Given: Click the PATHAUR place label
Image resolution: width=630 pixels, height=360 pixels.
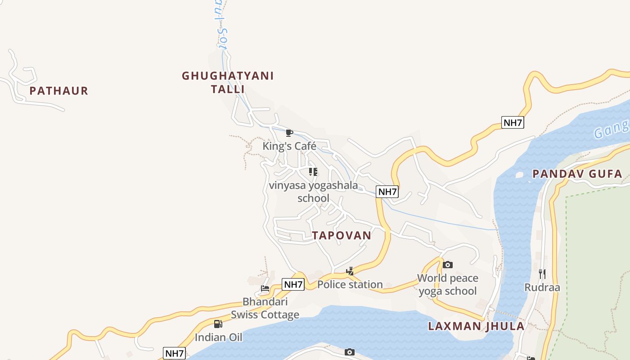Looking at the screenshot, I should tap(58, 91).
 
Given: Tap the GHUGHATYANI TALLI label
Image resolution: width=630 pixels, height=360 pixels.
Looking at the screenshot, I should tap(228, 82).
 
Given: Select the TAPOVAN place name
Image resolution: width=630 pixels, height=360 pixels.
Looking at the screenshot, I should tap(342, 235).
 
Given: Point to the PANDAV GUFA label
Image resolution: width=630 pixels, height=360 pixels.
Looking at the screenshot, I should tap(577, 174).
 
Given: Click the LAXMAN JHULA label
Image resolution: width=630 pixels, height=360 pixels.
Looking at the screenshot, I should tap(476, 326).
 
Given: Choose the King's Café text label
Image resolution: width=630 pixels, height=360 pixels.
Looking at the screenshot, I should tap(289, 146).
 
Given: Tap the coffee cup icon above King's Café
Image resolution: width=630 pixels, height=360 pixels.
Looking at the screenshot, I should tap(289, 133).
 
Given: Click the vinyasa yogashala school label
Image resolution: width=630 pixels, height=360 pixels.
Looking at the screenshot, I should tap(313, 192).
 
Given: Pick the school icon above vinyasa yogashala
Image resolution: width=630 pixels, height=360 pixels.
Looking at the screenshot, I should tap(313, 171).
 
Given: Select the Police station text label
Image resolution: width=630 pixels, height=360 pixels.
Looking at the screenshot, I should tap(350, 284).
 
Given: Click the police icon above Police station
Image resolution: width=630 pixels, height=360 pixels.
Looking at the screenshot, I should tap(350, 271).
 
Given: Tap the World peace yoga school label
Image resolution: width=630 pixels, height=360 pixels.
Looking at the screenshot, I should tap(447, 284).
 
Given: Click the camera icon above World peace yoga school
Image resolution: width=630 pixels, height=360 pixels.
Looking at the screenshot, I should tap(447, 265).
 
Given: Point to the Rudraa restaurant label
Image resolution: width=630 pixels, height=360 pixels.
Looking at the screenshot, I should tap(542, 287).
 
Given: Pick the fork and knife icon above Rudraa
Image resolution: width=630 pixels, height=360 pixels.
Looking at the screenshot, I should tap(542, 274).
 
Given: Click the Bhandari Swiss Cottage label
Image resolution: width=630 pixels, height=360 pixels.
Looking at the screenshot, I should tap(265, 308).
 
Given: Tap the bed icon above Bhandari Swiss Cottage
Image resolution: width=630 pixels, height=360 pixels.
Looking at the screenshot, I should tap(265, 288).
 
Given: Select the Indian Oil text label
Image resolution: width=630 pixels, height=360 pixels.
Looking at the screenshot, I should tap(218, 337).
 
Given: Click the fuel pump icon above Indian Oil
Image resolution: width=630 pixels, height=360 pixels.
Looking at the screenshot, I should tap(218, 324).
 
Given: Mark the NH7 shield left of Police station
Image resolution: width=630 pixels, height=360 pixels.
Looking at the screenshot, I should tap(293, 284).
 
